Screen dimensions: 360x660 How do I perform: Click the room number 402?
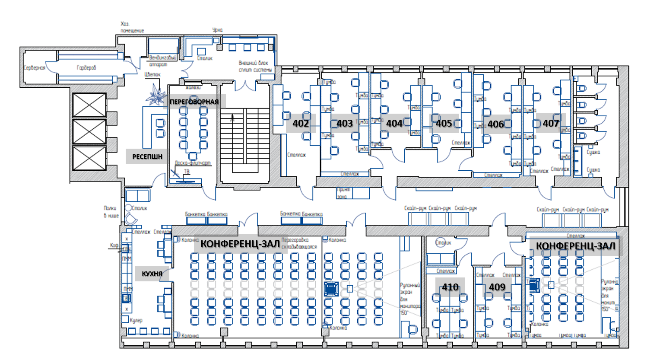pyautogui.click(x=301, y=123)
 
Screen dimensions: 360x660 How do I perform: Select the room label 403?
pyautogui.click(x=345, y=123)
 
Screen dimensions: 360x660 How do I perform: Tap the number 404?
pyautogui.click(x=394, y=123)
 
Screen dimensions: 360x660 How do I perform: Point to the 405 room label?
pyautogui.click(x=444, y=123)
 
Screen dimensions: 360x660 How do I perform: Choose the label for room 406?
pyautogui.click(x=496, y=124)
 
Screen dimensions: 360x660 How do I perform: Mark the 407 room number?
pyautogui.click(x=551, y=123)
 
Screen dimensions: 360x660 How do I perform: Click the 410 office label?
pyautogui.click(x=450, y=287)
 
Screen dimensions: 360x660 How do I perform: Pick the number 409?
pyautogui.click(x=497, y=287)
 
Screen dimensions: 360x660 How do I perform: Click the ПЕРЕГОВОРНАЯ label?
pyautogui.click(x=194, y=102)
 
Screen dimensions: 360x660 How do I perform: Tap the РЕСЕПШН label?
pyautogui.click(x=147, y=156)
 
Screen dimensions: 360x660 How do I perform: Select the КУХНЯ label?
pyautogui.click(x=152, y=274)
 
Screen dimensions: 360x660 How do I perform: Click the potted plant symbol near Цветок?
pyautogui.click(x=155, y=96)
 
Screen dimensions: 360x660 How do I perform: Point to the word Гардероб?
pyautogui.click(x=86, y=68)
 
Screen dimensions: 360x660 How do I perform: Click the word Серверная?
pyautogui.click(x=35, y=68)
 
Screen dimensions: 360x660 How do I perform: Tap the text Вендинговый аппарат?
pyautogui.click(x=162, y=61)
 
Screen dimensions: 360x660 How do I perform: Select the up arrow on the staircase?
pyautogui.click(x=232, y=117)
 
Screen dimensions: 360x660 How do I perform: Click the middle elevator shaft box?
pyautogui.click(x=89, y=131)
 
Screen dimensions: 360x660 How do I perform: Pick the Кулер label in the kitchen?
pyautogui.click(x=136, y=320)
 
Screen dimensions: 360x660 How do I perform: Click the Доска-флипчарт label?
pyautogui.click(x=193, y=163)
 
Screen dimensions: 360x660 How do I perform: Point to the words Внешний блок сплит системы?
pyautogui.click(x=255, y=66)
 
